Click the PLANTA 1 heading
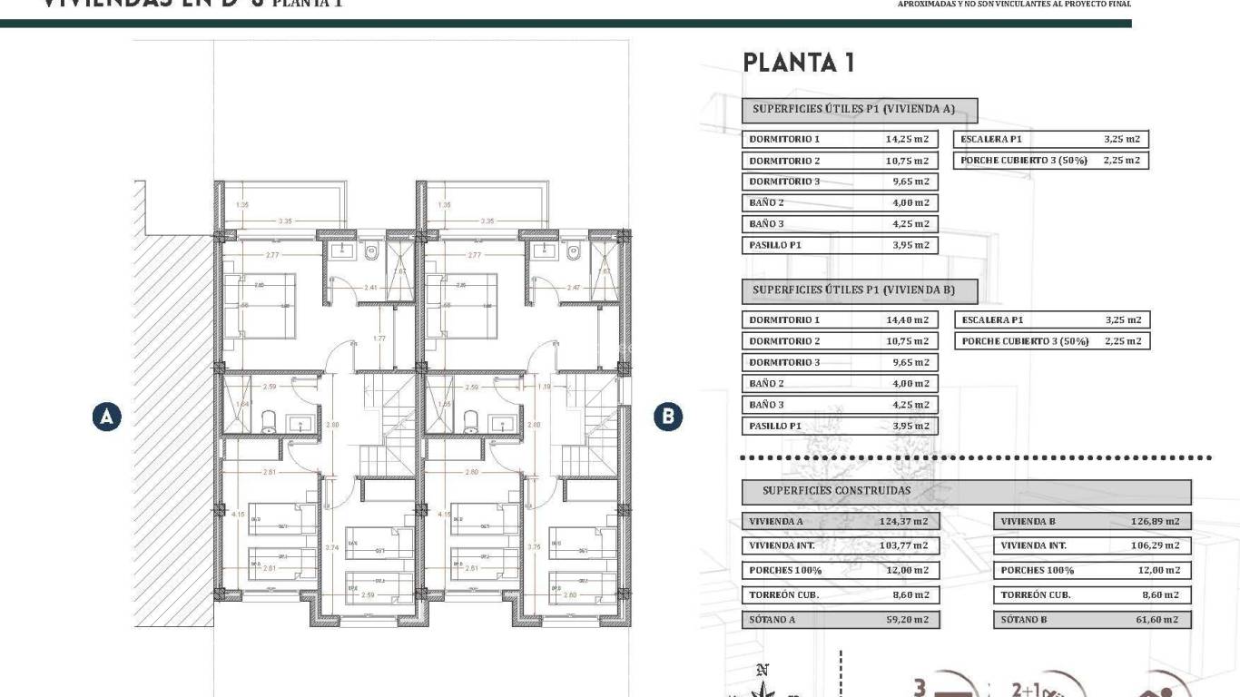click(799, 63)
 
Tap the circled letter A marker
click(107, 417)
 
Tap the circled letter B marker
click(668, 417)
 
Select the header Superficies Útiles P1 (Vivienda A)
click(859, 110)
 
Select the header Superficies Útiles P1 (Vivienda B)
click(859, 291)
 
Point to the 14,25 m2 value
click(907, 140)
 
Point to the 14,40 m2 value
click(907, 320)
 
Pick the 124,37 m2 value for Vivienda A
click(904, 522)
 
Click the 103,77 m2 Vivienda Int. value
click(904, 546)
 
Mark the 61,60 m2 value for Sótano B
click(1159, 620)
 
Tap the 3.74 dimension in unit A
click(331, 547)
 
